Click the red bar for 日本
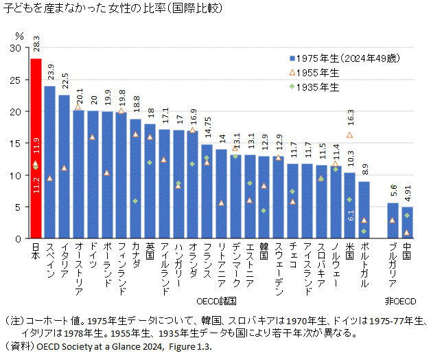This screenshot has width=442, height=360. point(36,148)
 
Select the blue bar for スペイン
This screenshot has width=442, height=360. point(50,162)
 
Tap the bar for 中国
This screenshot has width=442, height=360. point(407,223)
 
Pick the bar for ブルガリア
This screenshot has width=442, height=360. point(393,221)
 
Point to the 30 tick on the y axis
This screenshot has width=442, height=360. point(16,48)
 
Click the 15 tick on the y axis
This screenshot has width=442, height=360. point(16,144)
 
